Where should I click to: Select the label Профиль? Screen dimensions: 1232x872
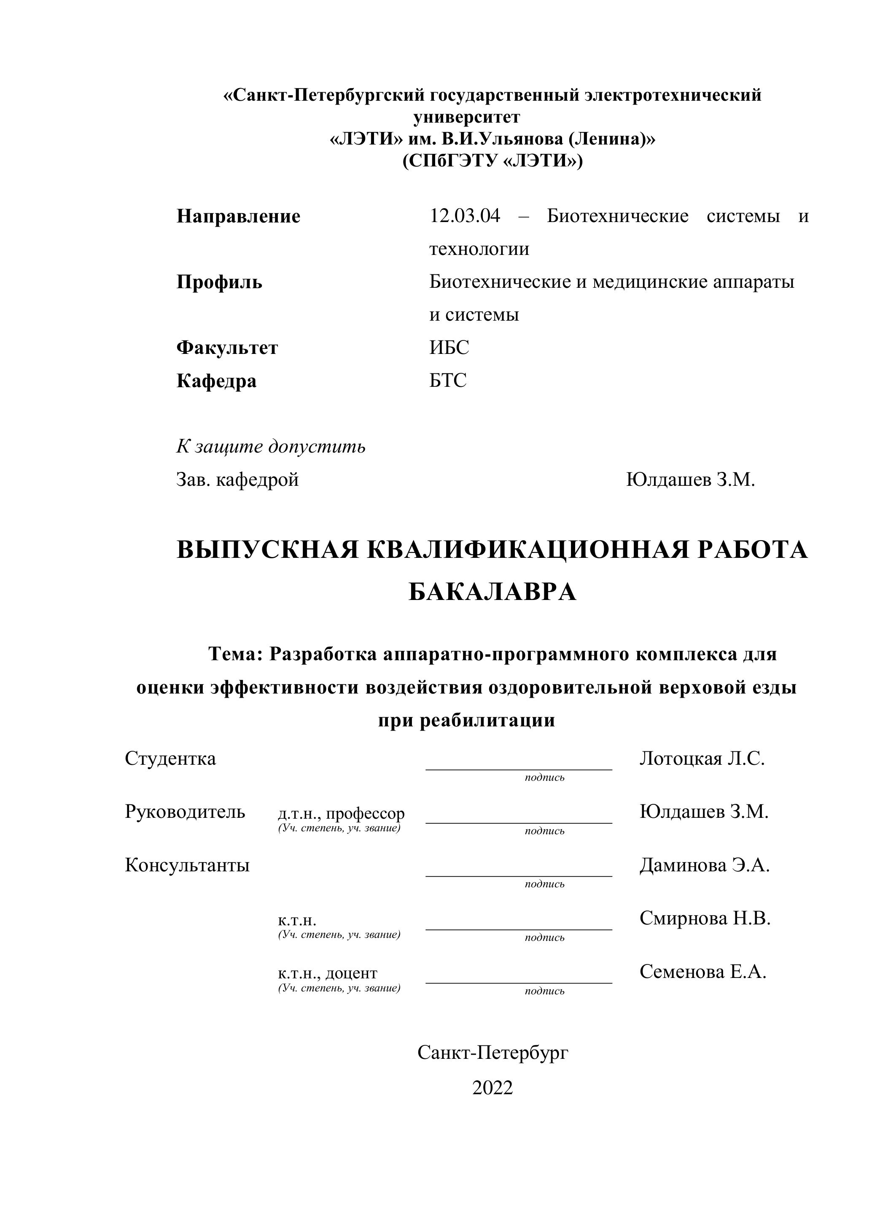tap(219, 282)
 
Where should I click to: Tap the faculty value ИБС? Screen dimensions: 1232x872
tap(449, 348)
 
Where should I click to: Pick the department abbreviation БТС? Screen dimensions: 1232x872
tap(448, 380)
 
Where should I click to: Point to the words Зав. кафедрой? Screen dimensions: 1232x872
tap(237, 479)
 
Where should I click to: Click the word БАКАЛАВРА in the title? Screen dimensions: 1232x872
tap(493, 592)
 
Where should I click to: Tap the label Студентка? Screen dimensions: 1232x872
tap(170, 758)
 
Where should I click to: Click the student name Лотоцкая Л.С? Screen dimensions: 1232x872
tap(702, 758)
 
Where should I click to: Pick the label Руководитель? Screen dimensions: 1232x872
tap(185, 812)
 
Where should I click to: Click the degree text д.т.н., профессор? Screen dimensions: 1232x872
tap(341, 814)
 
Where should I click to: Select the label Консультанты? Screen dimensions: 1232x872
tap(187, 865)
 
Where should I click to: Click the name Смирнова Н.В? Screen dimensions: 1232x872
tap(705, 918)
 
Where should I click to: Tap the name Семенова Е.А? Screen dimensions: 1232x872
tap(703, 971)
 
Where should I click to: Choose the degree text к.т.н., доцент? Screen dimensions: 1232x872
tap(328, 973)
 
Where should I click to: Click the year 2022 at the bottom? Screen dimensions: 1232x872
tap(493, 1087)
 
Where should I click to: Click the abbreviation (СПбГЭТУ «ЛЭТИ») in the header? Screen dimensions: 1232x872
tap(493, 161)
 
